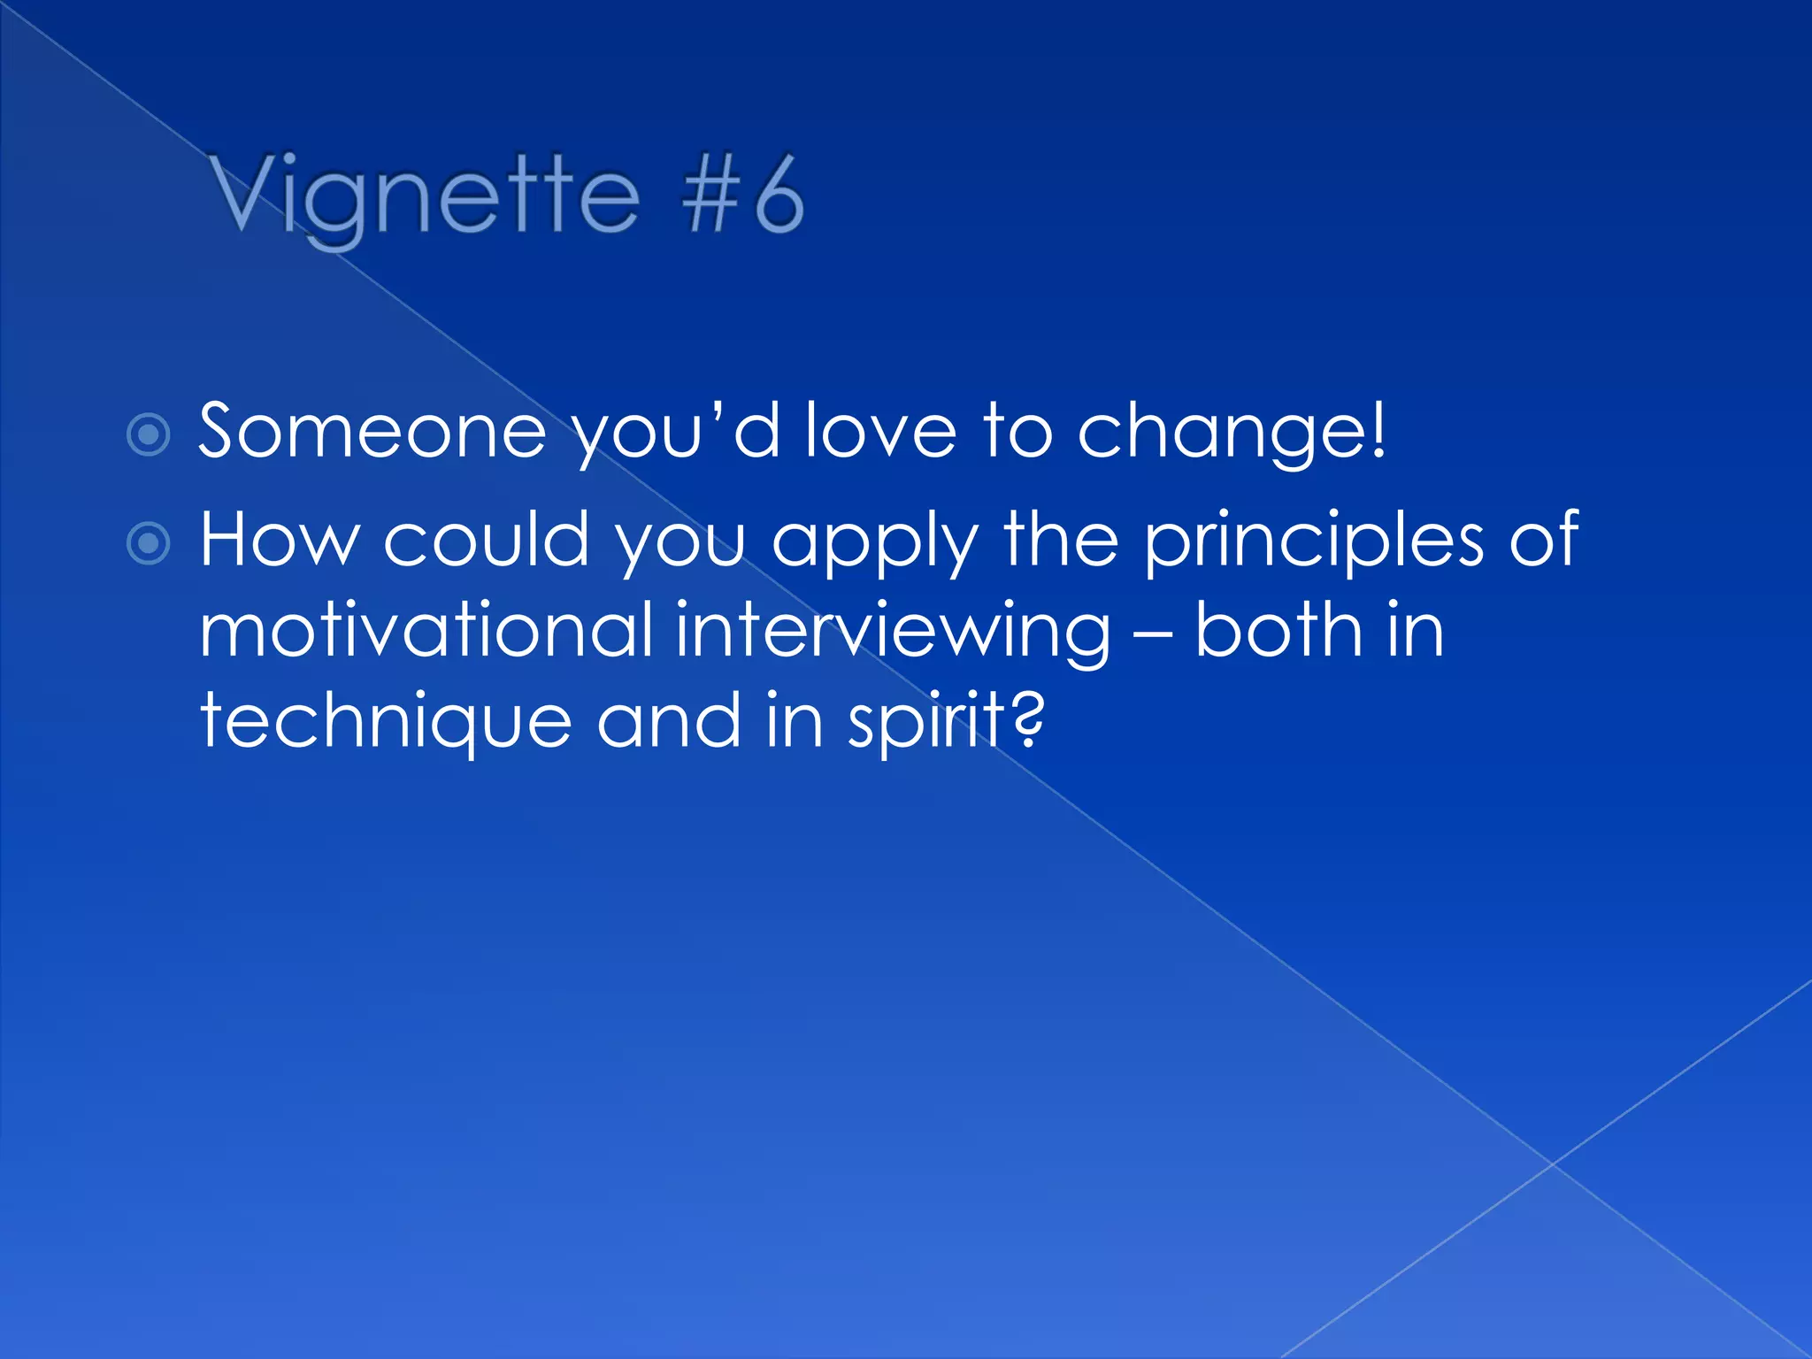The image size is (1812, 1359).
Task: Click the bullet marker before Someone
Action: (x=149, y=434)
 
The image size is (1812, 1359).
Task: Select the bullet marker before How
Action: (x=149, y=542)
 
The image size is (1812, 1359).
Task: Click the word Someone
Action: (x=372, y=432)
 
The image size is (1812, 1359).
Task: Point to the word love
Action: (x=880, y=432)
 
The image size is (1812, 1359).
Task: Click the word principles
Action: (x=1314, y=541)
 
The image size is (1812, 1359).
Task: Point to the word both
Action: (x=1279, y=630)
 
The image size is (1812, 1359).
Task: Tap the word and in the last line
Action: (x=669, y=721)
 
